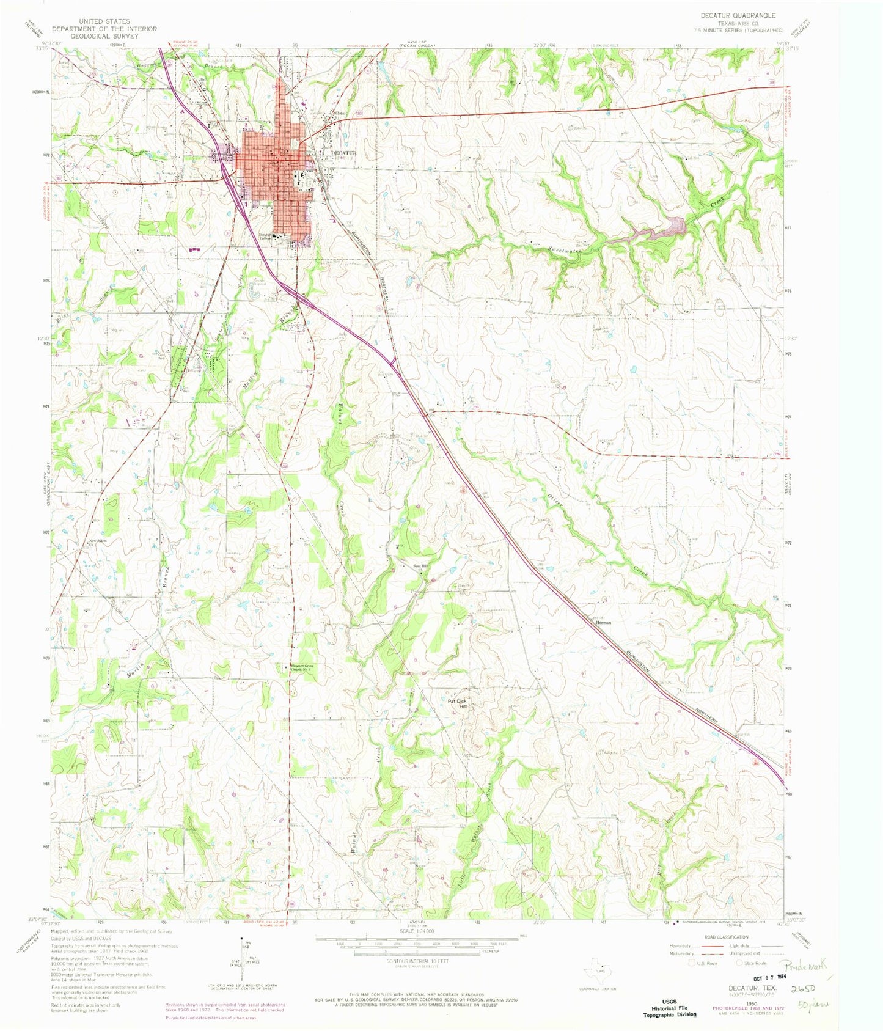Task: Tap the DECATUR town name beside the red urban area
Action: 343,153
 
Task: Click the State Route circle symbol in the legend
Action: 739,963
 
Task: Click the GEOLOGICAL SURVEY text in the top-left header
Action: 104,36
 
